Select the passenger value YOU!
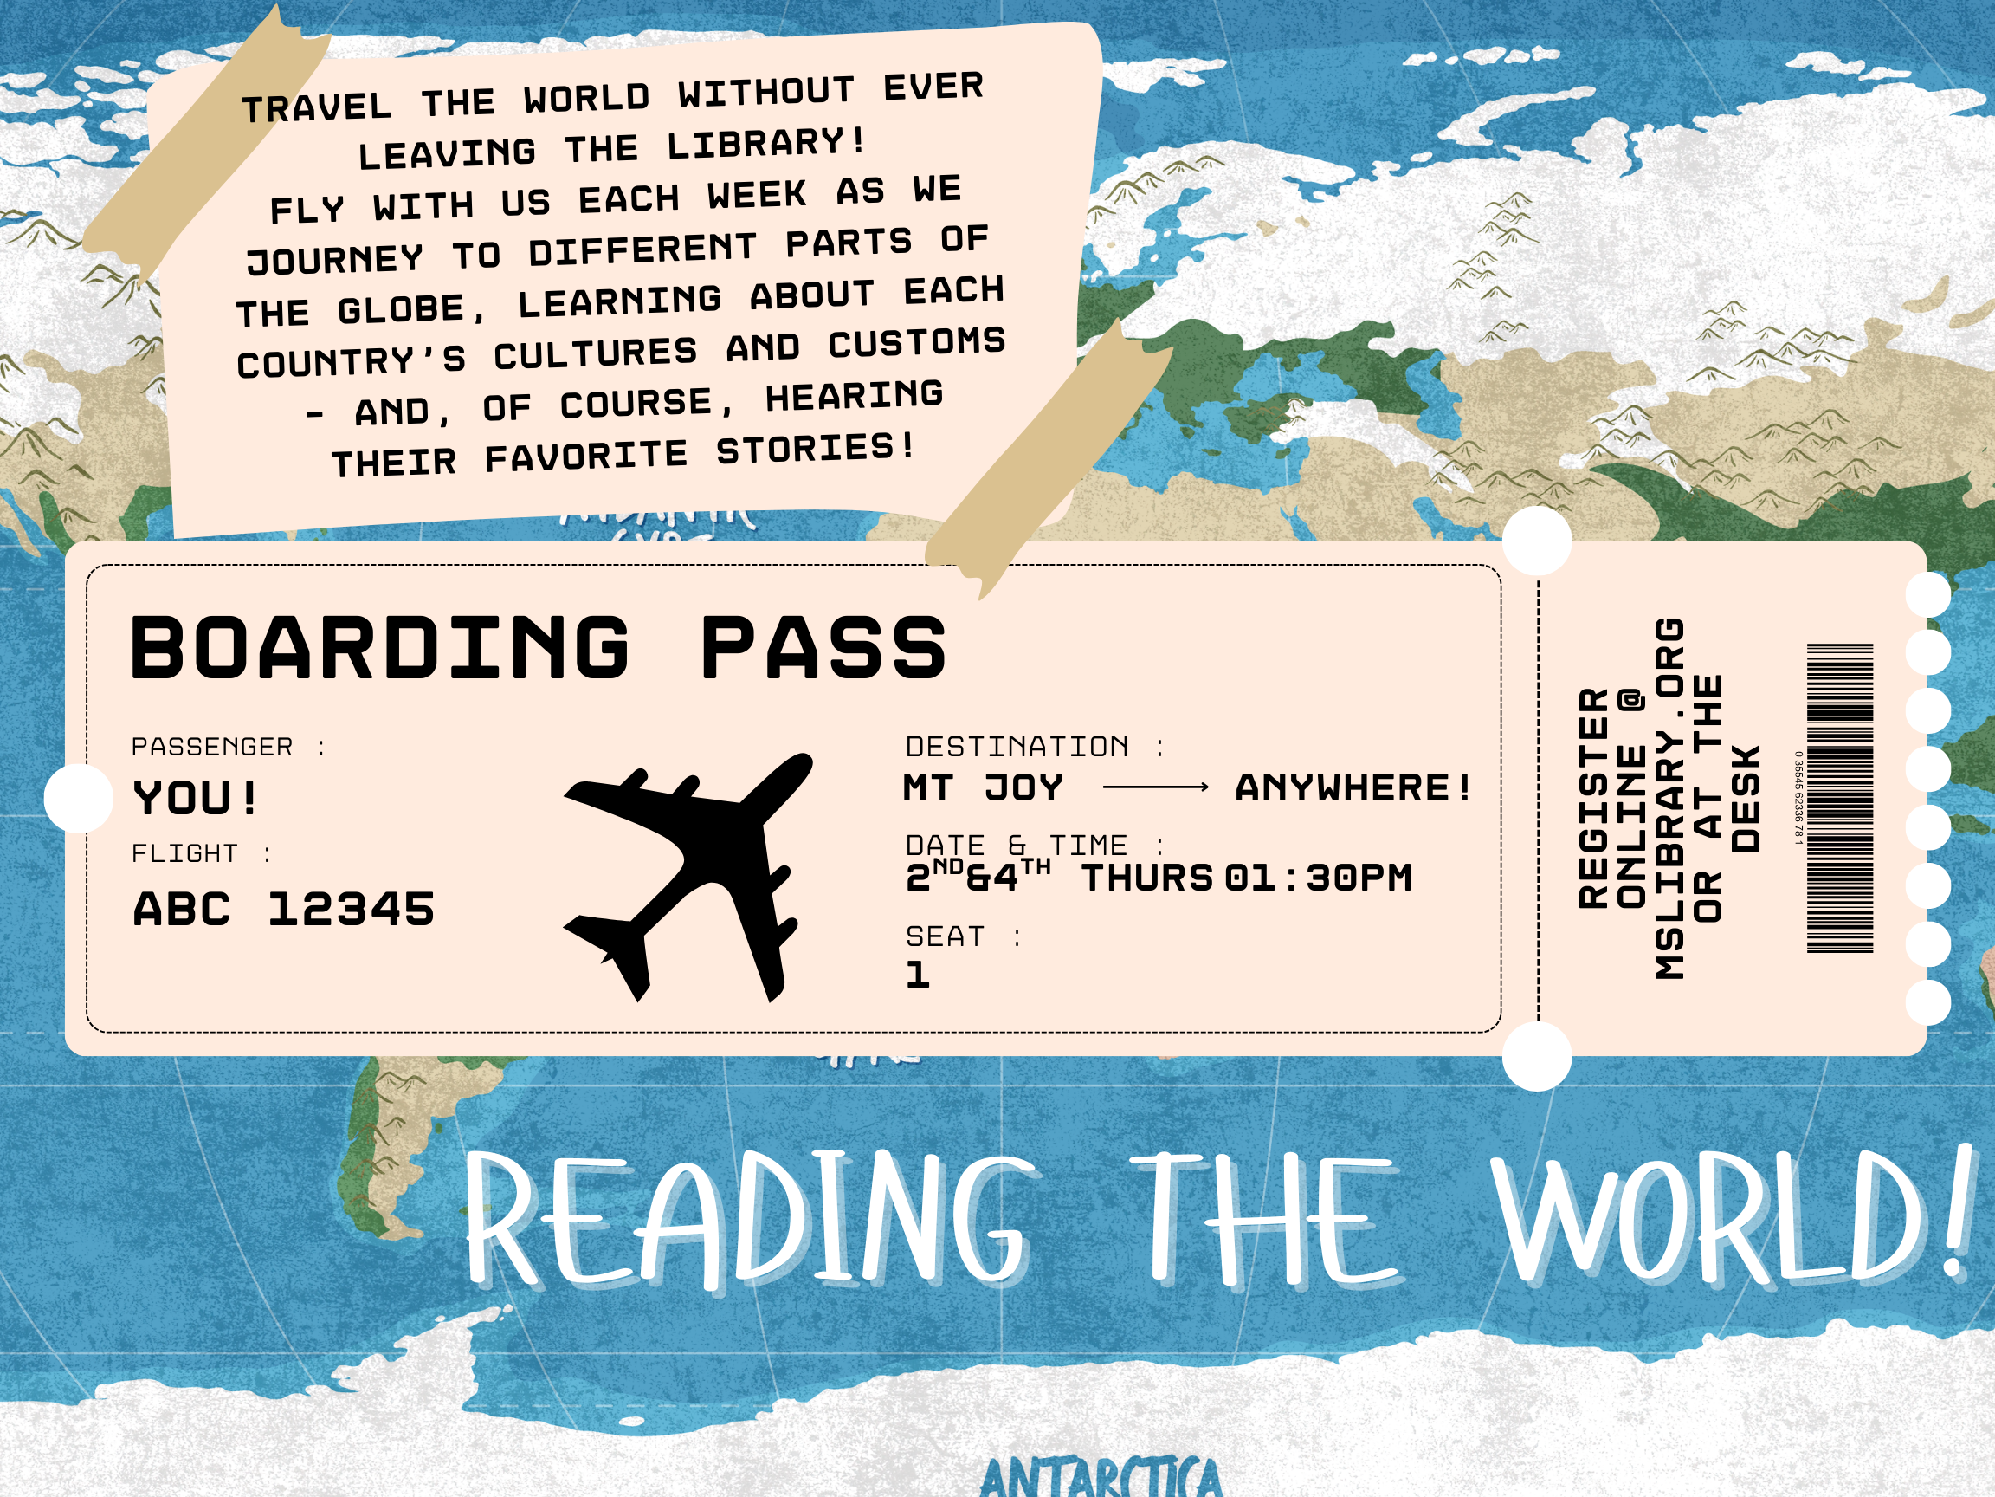coord(196,798)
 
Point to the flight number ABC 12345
coord(284,909)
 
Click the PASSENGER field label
coord(213,747)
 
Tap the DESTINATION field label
coord(1017,747)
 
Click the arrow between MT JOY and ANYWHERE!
coord(1154,787)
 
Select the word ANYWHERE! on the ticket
coord(1353,787)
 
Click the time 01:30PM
coord(1319,878)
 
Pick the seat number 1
coord(917,975)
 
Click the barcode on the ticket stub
coord(1840,799)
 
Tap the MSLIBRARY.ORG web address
coord(1669,799)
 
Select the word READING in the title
coord(749,1222)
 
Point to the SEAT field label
coord(946,936)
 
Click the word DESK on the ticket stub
coord(1746,799)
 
